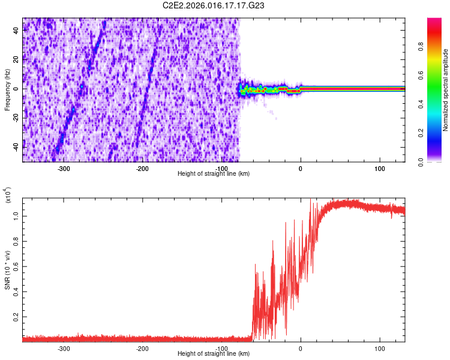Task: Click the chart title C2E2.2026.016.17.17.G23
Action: (x=214, y=5)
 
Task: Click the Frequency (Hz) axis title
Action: (x=7, y=89)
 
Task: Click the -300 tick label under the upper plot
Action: (x=63, y=169)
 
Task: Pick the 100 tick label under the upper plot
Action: (x=380, y=169)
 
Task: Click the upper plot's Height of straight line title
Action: (x=214, y=174)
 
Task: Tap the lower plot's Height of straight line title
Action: (x=214, y=354)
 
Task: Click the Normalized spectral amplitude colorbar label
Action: (x=446, y=90)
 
